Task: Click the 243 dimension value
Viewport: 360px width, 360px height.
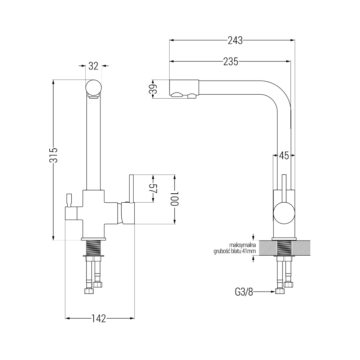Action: (x=235, y=40)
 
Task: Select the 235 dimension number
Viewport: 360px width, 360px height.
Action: (x=231, y=62)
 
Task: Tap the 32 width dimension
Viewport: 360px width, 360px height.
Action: (x=93, y=66)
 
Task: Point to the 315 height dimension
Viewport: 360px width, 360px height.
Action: (x=53, y=155)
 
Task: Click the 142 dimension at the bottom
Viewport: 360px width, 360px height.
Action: (x=99, y=319)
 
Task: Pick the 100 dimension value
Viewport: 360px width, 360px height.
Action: (x=175, y=198)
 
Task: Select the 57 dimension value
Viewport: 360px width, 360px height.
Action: (x=153, y=189)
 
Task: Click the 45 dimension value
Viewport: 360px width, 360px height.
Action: (x=284, y=156)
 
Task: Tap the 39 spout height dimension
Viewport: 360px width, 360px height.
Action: (x=153, y=89)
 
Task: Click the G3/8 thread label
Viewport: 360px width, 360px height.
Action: (x=244, y=292)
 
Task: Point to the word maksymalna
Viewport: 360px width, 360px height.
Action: (x=242, y=245)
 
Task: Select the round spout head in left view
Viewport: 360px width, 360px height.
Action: (x=94, y=87)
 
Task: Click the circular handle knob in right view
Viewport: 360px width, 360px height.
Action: (x=284, y=213)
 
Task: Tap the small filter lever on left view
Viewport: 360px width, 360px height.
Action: (x=69, y=200)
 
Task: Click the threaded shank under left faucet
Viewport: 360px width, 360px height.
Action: (x=94, y=248)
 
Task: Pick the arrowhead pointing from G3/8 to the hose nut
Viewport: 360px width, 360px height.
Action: (x=273, y=292)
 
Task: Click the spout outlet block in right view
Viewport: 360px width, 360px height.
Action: (x=184, y=89)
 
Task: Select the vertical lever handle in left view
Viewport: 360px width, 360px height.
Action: (x=131, y=189)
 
